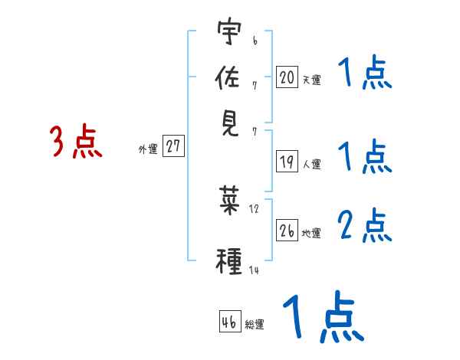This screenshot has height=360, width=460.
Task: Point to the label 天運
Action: point(311,79)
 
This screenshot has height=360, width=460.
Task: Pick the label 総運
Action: point(255,324)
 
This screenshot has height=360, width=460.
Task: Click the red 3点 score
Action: point(77,142)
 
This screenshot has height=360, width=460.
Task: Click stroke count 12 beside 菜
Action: point(255,208)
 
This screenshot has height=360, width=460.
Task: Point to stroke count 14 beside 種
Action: point(255,270)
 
